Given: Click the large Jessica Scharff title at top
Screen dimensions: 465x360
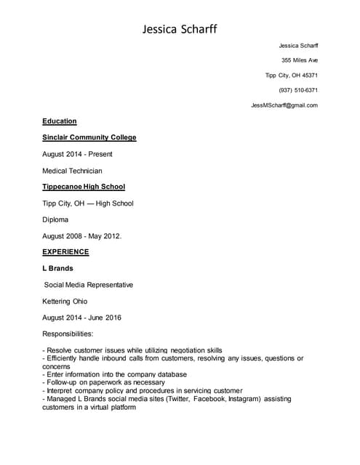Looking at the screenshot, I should tap(179, 29).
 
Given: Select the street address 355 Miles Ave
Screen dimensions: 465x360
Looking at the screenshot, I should tap(300, 60).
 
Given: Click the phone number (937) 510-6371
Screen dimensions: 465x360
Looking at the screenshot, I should tap(298, 90).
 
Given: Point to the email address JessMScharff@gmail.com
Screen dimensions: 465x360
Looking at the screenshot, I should tap(284, 105).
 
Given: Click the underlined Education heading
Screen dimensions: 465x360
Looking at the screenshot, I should tap(60, 121).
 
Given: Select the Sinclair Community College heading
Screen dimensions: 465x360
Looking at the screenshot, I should tap(89, 137).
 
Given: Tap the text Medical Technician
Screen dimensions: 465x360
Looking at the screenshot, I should tap(72, 171).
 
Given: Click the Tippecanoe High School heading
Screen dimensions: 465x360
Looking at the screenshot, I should tap(84, 187).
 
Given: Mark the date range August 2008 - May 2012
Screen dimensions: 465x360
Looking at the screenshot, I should tap(82, 235).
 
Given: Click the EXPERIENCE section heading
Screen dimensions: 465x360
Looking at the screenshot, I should tap(65, 252).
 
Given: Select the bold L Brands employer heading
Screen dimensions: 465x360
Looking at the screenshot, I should tap(57, 268).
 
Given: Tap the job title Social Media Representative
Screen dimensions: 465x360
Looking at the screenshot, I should tap(89, 285).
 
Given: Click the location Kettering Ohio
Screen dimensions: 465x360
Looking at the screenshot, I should tap(65, 301).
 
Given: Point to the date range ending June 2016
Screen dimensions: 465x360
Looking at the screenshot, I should tap(81, 318).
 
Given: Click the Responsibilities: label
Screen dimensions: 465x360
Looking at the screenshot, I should tap(68, 333).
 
